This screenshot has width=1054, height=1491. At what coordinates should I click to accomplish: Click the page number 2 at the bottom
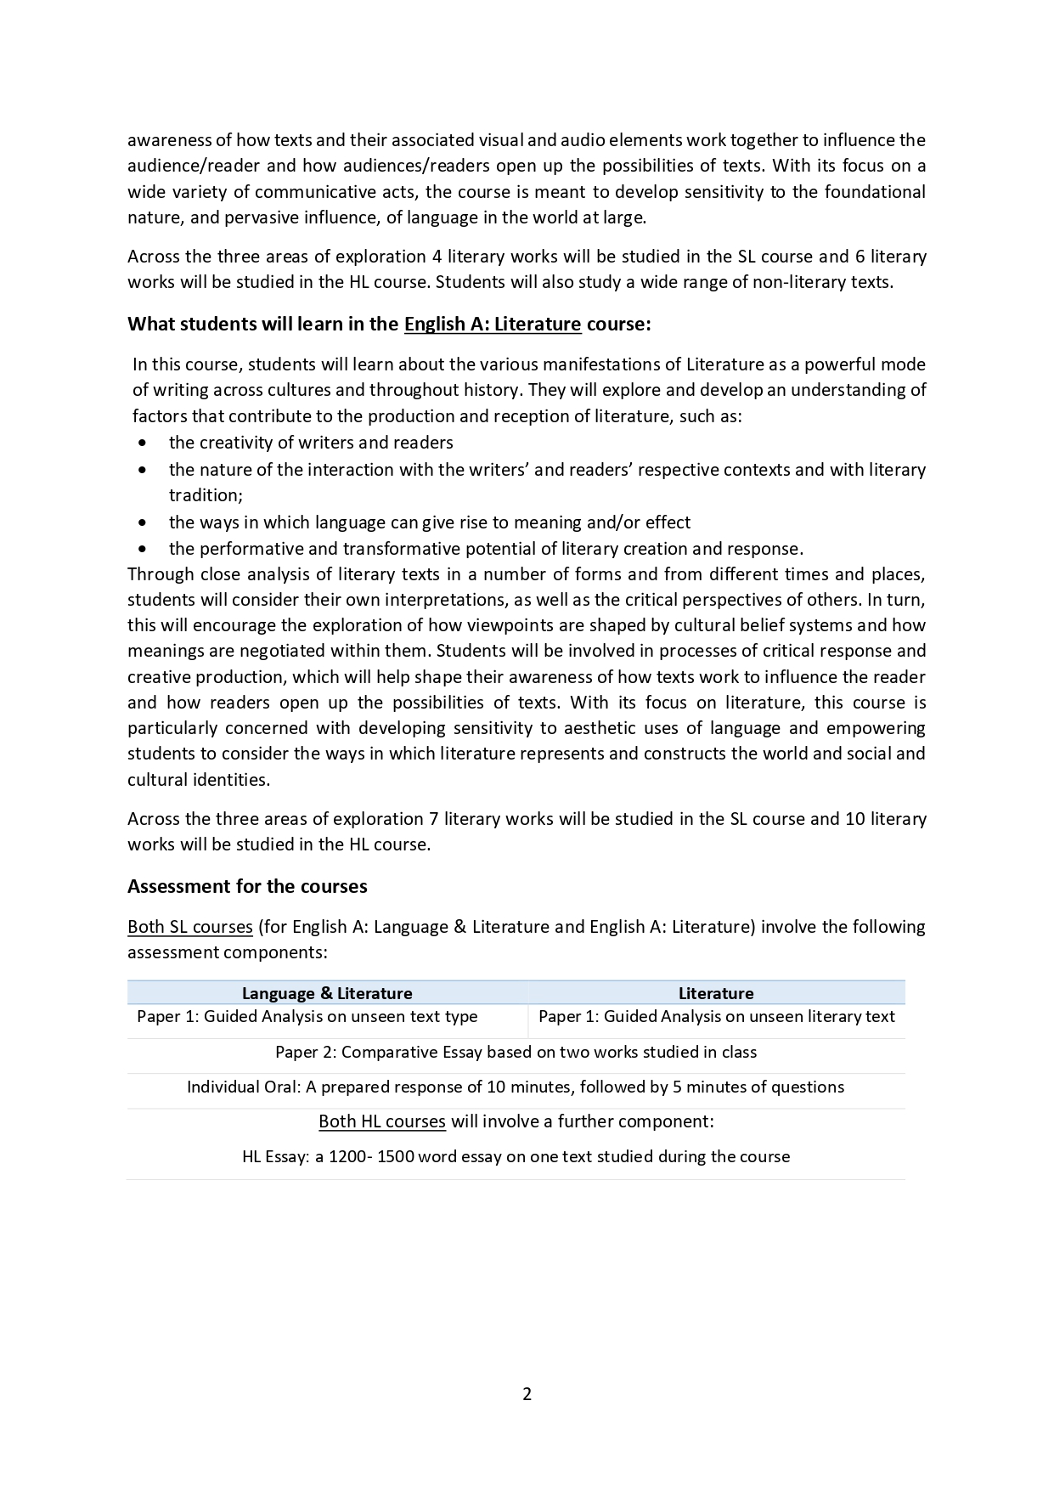point(527,1393)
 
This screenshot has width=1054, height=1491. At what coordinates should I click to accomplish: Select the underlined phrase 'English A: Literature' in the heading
point(493,324)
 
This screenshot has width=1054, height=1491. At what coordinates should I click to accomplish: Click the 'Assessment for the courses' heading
point(247,886)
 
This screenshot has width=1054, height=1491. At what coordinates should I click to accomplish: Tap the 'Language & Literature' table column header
point(327,993)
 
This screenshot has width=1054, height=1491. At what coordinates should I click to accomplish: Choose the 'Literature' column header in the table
point(716,993)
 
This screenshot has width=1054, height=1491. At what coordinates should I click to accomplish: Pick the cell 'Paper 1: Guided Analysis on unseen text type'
point(307,1016)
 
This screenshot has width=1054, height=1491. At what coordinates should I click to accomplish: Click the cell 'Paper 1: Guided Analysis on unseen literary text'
point(717,1016)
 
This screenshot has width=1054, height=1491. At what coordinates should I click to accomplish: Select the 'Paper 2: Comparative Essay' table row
point(516,1052)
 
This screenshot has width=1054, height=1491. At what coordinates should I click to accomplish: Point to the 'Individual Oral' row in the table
point(516,1087)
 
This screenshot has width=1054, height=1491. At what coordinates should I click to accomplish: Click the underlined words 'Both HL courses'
point(382,1121)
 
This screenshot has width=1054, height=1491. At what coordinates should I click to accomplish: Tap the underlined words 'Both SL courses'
point(190,926)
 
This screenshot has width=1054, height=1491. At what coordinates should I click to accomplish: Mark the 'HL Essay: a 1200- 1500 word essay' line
point(516,1156)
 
